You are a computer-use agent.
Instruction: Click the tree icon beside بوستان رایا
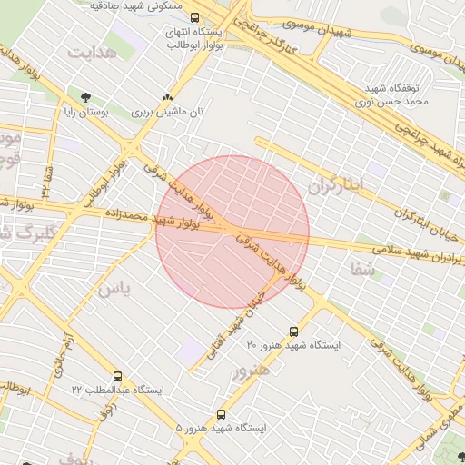[86, 97]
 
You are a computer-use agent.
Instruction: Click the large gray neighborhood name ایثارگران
[336, 184]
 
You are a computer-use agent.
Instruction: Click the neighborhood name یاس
[114, 290]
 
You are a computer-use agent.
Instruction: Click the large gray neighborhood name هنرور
[252, 371]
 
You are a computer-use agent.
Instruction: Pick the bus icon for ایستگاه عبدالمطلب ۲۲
[117, 376]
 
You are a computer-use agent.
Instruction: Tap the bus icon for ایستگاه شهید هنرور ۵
[222, 414]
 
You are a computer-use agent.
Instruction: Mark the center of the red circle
[232, 232]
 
